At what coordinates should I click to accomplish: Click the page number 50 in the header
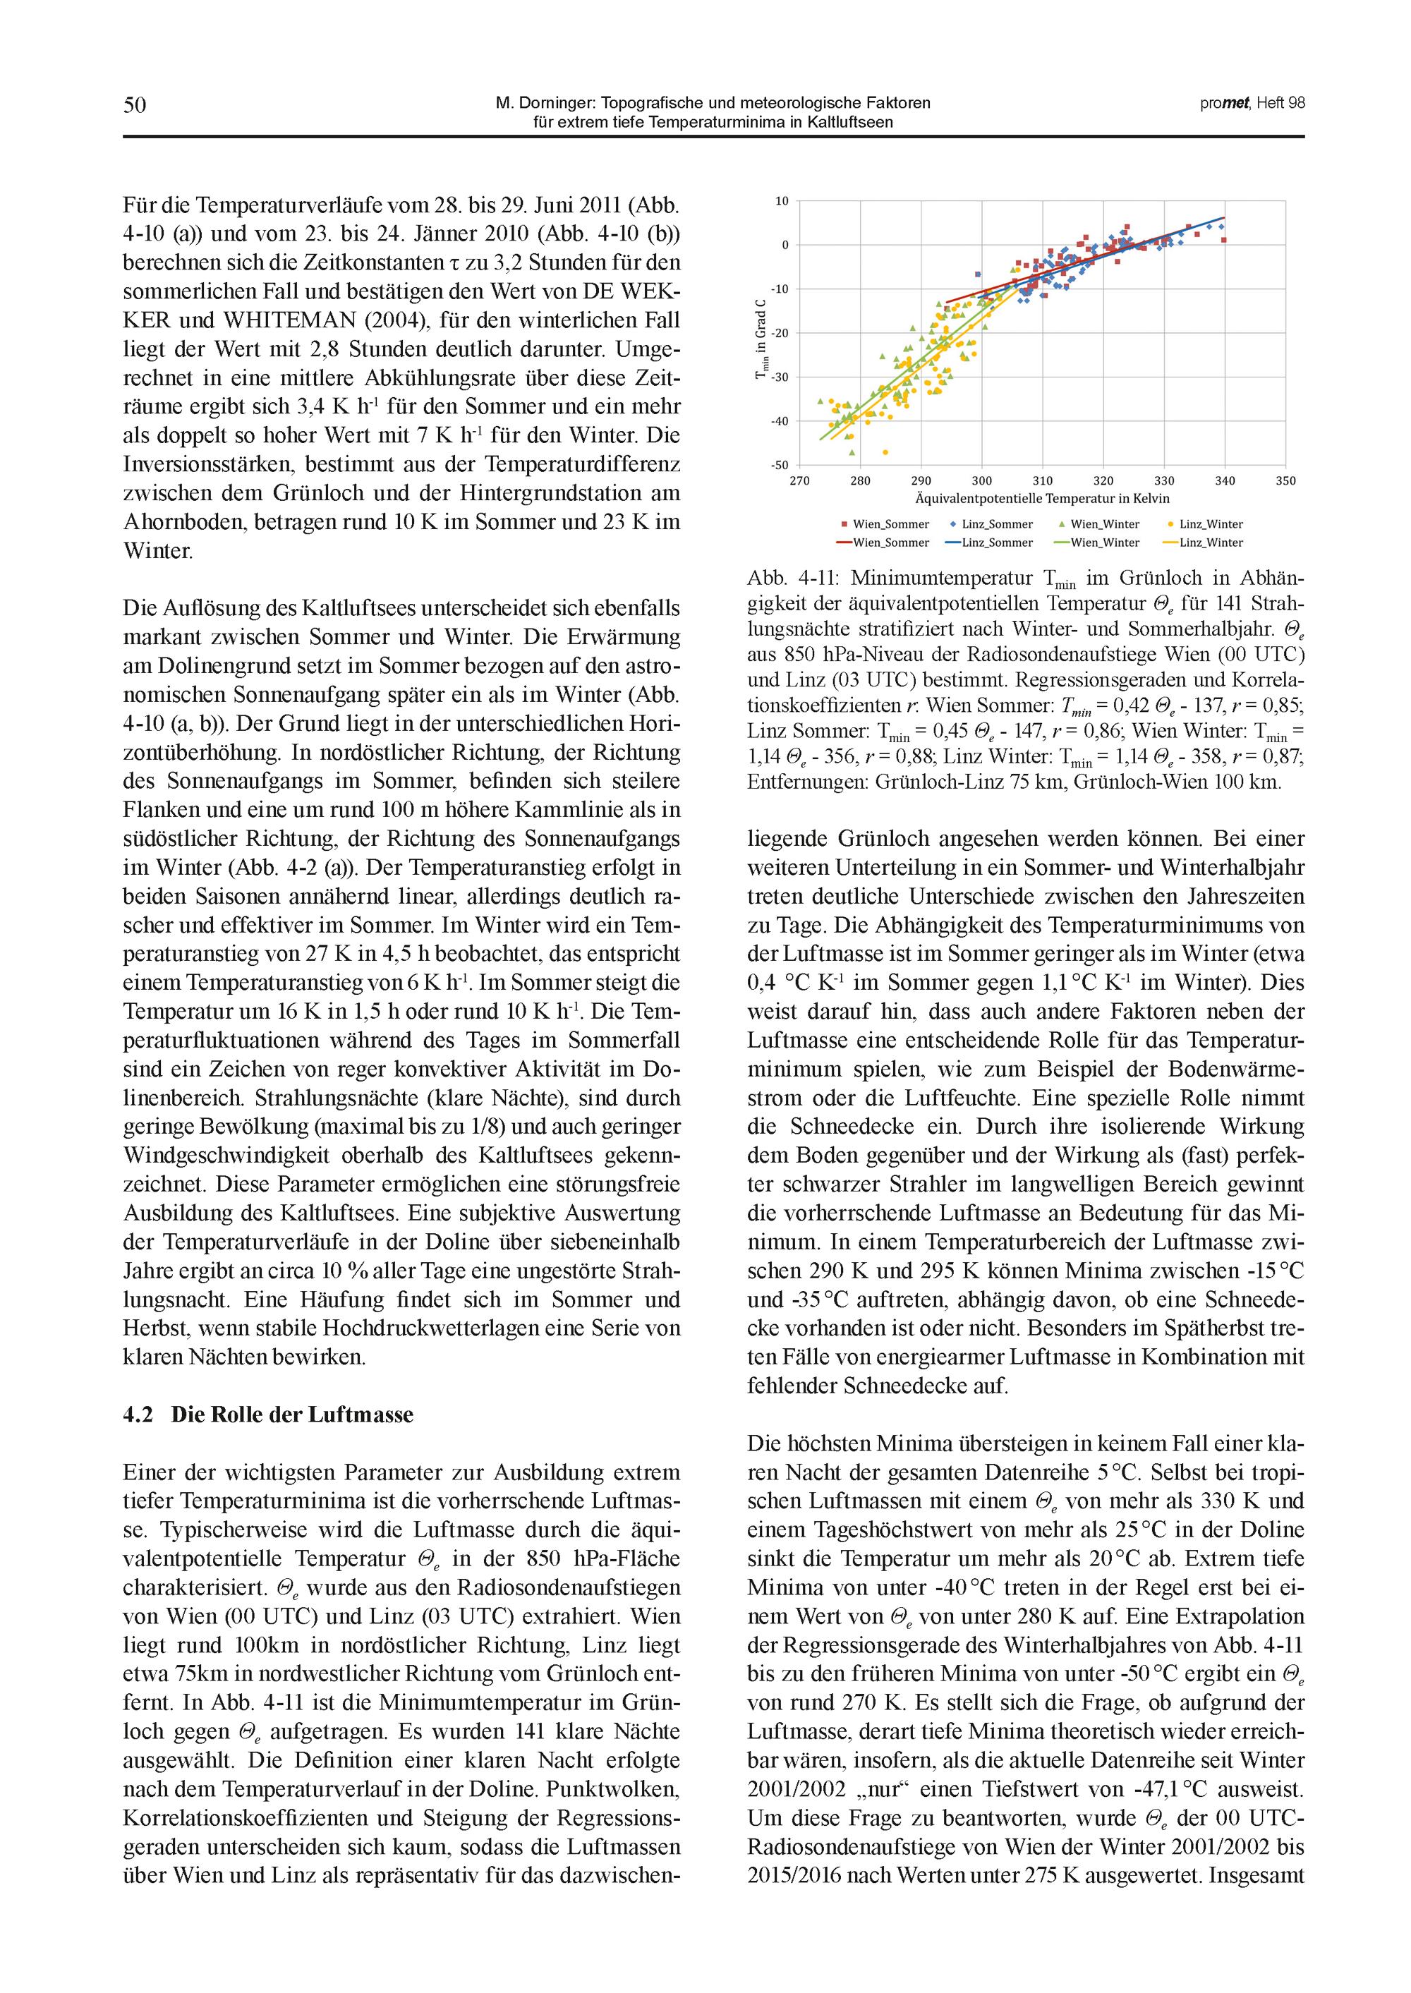coord(135,105)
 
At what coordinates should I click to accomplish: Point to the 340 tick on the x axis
coord(1224,481)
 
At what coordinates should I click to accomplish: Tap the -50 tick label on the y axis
coord(780,466)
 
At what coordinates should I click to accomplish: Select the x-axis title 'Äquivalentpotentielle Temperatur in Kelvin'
coord(1042,499)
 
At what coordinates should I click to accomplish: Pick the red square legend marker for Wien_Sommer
coord(844,525)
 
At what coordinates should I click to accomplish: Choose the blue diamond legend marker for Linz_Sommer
coord(953,525)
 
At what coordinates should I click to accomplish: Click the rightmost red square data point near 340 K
coord(1223,241)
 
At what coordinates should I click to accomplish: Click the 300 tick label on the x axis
coord(982,481)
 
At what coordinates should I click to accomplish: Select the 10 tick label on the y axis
coord(782,202)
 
